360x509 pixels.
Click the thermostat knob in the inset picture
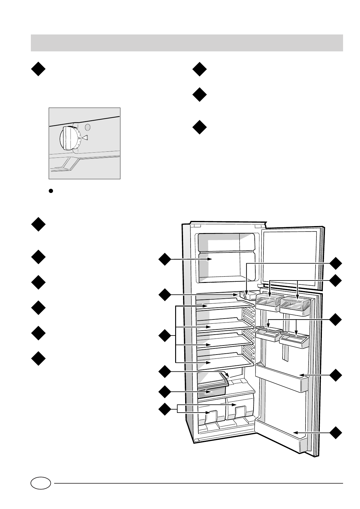[x=68, y=138]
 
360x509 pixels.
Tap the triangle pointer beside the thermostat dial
[x=85, y=138]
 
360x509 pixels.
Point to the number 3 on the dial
[x=79, y=138]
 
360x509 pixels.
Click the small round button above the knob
[x=87, y=127]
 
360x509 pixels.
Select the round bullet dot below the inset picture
[x=51, y=191]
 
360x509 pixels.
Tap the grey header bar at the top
[x=187, y=43]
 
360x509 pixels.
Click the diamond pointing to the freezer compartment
[x=165, y=259]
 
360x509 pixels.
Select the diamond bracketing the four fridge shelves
[x=165, y=336]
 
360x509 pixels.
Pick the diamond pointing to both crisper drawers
[x=165, y=410]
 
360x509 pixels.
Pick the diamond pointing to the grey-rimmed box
[x=165, y=392]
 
